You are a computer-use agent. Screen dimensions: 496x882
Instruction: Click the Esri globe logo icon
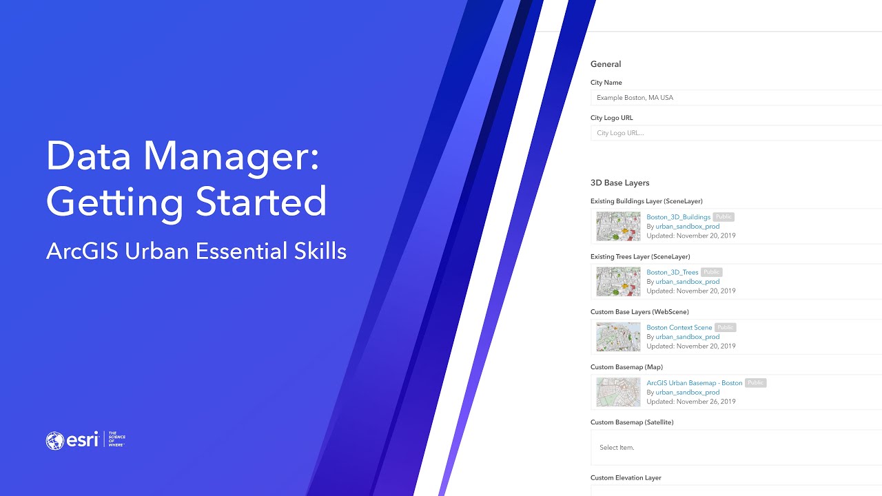pyautogui.click(x=55, y=441)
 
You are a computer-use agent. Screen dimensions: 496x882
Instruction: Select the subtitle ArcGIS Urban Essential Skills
pyautogui.click(x=196, y=251)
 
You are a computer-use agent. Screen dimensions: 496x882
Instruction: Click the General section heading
pyautogui.click(x=606, y=64)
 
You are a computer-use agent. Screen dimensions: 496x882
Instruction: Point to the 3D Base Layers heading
pyautogui.click(x=619, y=183)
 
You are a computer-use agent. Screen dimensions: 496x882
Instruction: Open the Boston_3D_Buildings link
pyautogui.click(x=678, y=217)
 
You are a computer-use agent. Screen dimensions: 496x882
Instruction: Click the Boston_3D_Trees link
pyautogui.click(x=672, y=272)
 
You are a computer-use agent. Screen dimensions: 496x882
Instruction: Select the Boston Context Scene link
pyautogui.click(x=679, y=327)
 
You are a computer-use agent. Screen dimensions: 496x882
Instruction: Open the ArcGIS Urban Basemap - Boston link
pyautogui.click(x=694, y=383)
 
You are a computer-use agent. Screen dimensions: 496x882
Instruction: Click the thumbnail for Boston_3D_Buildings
pyautogui.click(x=618, y=226)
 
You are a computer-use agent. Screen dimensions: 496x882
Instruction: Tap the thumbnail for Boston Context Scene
pyautogui.click(x=618, y=337)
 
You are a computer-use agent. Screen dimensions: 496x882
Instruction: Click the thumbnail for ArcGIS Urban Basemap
pyautogui.click(x=618, y=392)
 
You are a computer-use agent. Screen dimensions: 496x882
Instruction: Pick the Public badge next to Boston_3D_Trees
pyautogui.click(x=712, y=272)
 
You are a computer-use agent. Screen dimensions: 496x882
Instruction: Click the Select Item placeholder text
pyautogui.click(x=617, y=448)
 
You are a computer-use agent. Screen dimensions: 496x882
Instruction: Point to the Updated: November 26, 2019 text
pyautogui.click(x=690, y=402)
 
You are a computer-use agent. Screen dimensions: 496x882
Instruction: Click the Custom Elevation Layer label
pyautogui.click(x=626, y=477)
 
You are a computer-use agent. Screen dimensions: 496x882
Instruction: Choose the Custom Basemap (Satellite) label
pyautogui.click(x=631, y=422)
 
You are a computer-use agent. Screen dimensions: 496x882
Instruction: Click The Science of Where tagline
pyautogui.click(x=117, y=440)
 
